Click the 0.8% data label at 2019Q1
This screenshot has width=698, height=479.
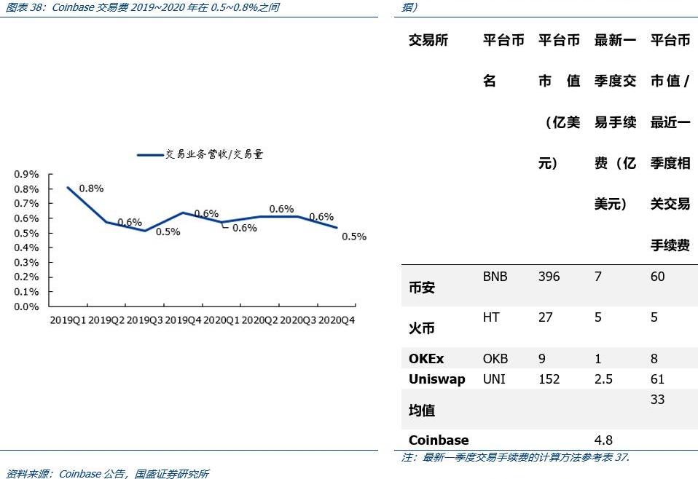tap(91, 189)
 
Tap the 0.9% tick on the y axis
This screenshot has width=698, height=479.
tap(26, 175)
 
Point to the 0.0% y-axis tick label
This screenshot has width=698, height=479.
tap(26, 306)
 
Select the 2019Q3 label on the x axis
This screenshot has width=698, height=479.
tap(145, 320)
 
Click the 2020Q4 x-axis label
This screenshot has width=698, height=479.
tap(337, 320)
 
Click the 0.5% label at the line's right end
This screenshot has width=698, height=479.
tap(354, 237)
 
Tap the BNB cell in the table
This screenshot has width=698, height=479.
tap(495, 277)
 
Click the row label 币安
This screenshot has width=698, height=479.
tap(422, 288)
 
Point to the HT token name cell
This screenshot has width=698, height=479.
tap(491, 317)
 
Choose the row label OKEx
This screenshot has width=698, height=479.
tap(426, 359)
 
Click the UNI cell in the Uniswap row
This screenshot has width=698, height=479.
tap(493, 379)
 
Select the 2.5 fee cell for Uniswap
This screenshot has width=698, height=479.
tap(603, 379)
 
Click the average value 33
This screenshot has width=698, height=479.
tap(657, 400)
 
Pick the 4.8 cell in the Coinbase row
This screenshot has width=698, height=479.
tap(603, 440)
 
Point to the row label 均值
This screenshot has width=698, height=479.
tap(422, 411)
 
